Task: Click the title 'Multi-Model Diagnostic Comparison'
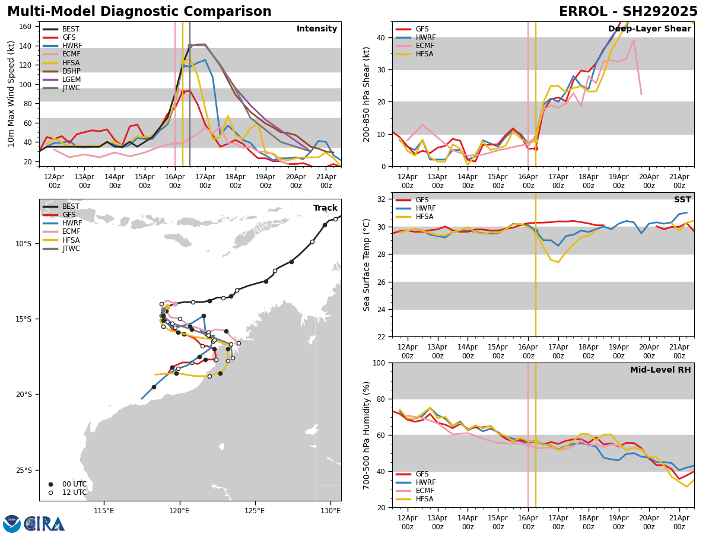click(x=139, y=12)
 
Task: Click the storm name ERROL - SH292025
click(x=628, y=12)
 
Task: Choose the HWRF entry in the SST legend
click(x=425, y=209)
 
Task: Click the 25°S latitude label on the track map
click(x=23, y=471)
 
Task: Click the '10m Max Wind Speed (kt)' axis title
click(x=11, y=94)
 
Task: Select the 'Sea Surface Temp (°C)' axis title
click(x=367, y=265)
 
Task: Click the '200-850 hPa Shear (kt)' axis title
click(x=367, y=94)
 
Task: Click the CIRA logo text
click(x=44, y=523)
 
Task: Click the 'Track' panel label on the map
click(x=325, y=208)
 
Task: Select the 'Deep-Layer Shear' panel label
click(x=649, y=29)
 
